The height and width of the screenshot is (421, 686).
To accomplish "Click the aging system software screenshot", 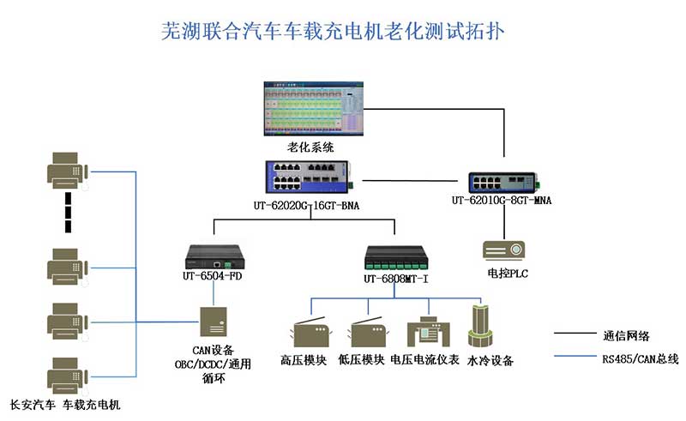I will click(x=316, y=109).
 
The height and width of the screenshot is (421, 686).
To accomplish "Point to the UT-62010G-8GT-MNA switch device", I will click(x=502, y=182).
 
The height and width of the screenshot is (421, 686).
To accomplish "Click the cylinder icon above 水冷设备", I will click(x=477, y=327).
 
